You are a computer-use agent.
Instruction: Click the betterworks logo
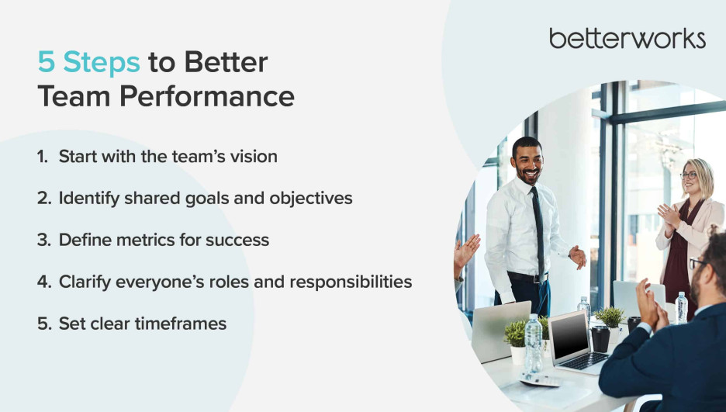coord(627,39)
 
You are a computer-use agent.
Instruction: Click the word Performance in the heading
coord(207,96)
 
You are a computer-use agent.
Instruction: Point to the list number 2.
coord(44,198)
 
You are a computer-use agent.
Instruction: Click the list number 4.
coord(44,282)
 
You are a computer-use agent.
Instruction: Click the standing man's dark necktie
coord(538,234)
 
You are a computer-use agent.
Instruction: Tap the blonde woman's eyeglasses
coord(689,175)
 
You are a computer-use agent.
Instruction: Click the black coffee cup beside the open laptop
coord(600,339)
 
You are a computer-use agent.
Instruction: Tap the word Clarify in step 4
coord(85,282)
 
